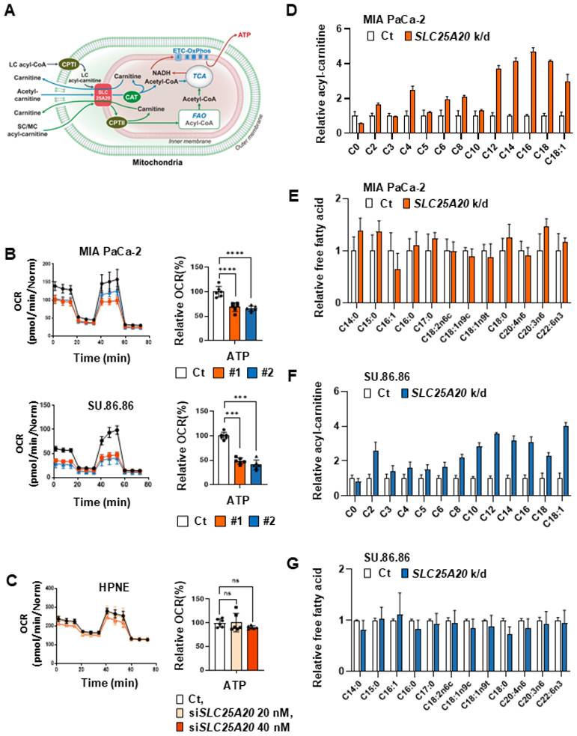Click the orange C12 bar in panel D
click(477, 100)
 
